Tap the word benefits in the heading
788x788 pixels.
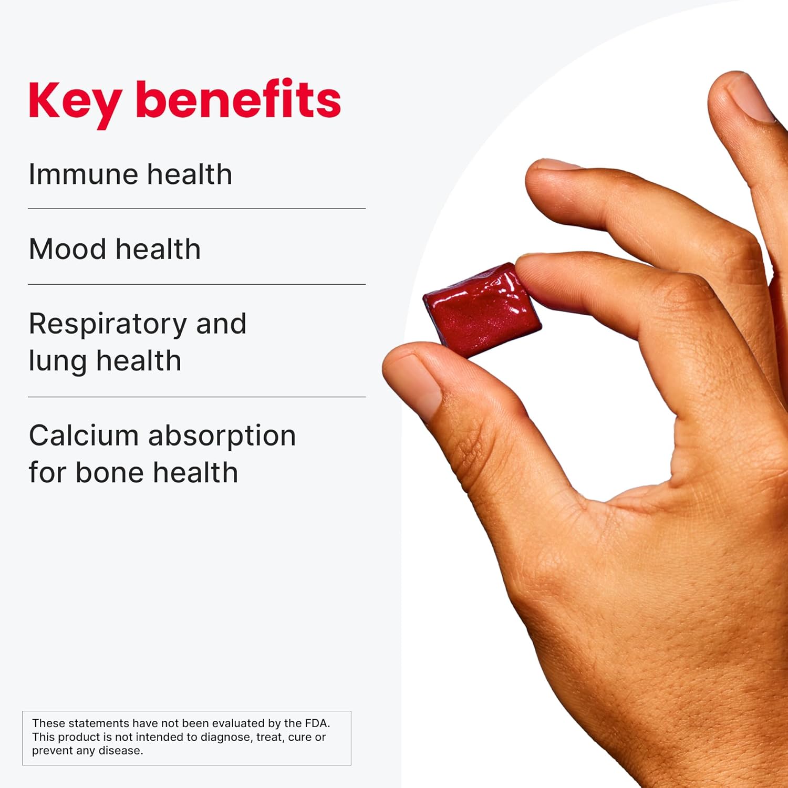tap(238, 99)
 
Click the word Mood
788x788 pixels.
tap(67, 249)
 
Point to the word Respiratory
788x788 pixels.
tap(108, 325)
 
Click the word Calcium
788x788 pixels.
tap(84, 436)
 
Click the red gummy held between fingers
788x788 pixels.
tap(481, 310)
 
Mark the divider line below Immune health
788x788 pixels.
tap(196, 209)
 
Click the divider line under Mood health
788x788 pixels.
tap(196, 284)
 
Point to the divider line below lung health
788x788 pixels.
tap(196, 397)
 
